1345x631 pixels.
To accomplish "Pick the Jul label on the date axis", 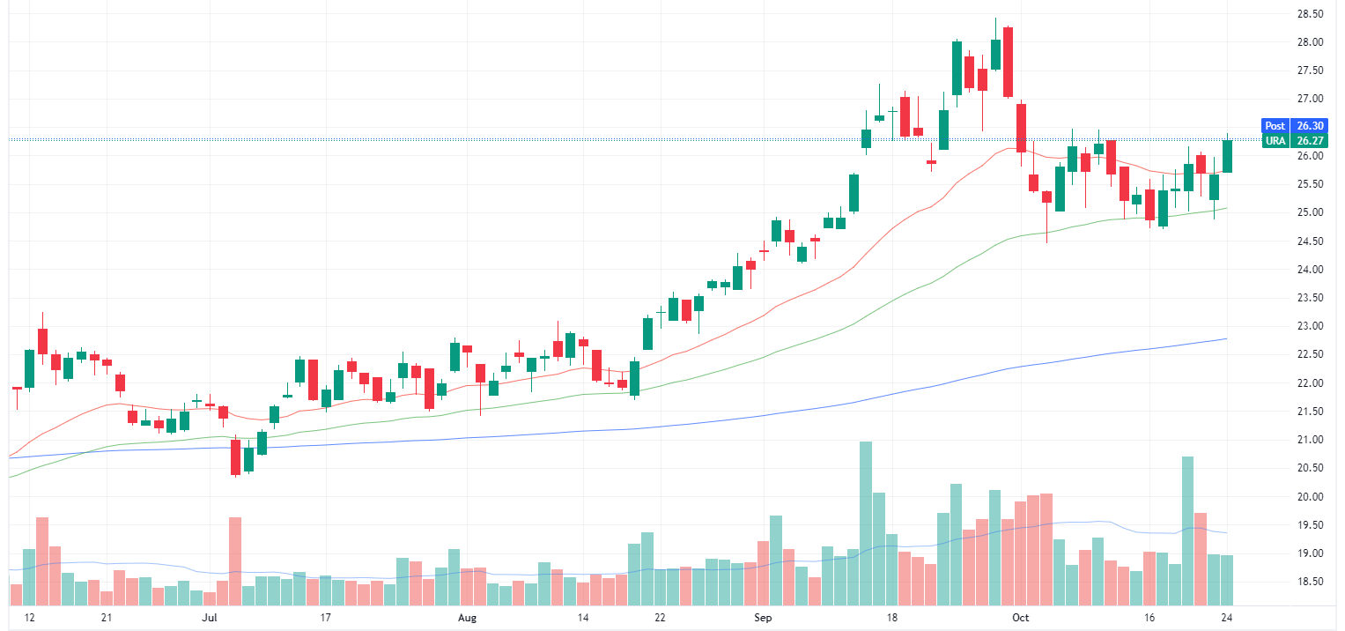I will click(x=209, y=619).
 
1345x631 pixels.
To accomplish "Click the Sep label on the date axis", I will click(x=763, y=619).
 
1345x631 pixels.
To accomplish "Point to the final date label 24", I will click(x=1227, y=619).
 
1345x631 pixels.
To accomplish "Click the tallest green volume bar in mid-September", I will click(x=865, y=523).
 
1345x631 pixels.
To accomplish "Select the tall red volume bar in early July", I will click(x=235, y=561).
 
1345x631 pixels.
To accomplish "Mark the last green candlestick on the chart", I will click(x=1227, y=156).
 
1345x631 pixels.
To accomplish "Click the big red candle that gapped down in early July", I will click(x=235, y=457).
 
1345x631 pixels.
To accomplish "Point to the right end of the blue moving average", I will click(x=1227, y=338).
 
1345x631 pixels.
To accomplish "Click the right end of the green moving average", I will click(x=1227, y=209).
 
